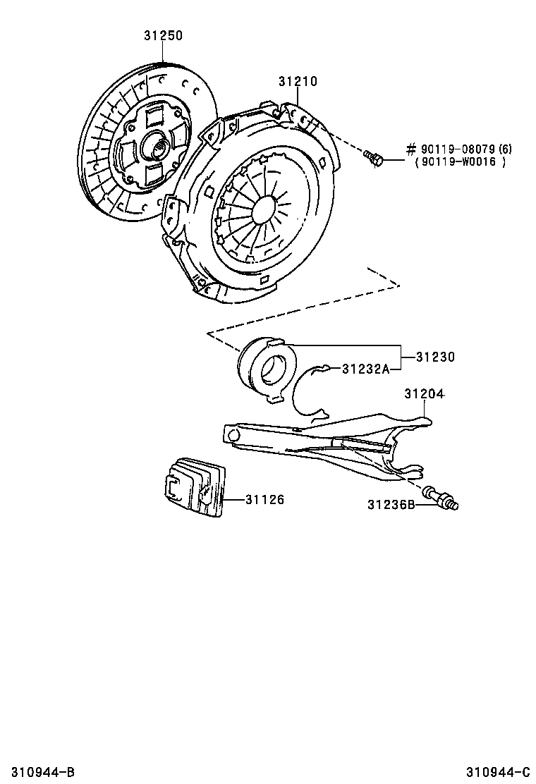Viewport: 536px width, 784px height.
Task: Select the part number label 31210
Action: coord(297,82)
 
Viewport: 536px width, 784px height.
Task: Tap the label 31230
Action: coord(434,357)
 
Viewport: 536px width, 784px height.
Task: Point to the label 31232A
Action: coord(366,368)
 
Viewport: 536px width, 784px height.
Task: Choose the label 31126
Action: coord(264,500)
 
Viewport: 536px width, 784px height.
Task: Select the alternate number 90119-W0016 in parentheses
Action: coord(461,162)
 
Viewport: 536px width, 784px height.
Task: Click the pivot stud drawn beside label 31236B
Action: coord(441,498)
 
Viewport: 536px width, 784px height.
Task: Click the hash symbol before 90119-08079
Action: coord(411,149)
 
